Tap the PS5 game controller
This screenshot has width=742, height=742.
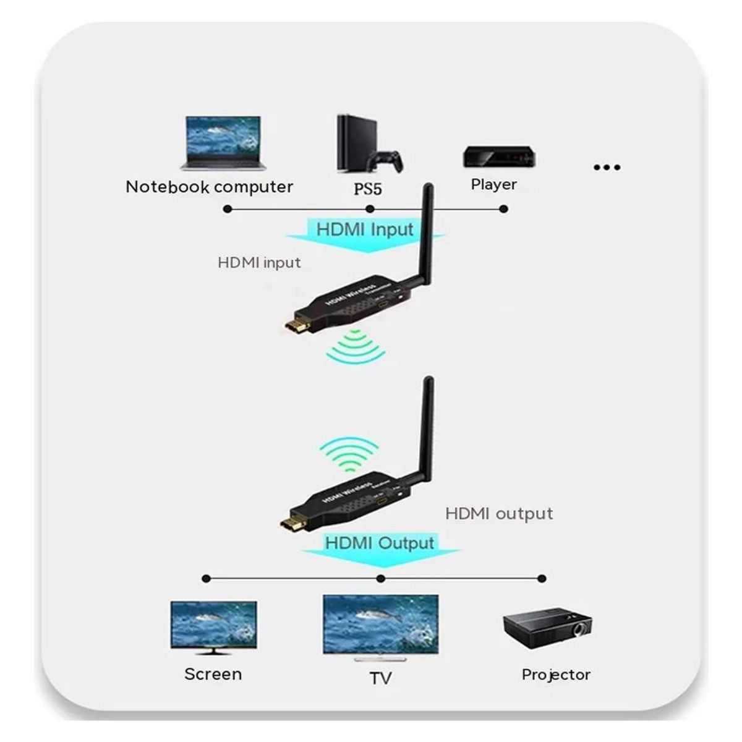coord(386,161)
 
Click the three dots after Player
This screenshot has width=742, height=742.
coord(606,167)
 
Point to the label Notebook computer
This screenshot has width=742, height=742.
coord(209,187)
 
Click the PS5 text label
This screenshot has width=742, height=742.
coord(368,188)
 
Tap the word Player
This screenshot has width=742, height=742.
coord(493,184)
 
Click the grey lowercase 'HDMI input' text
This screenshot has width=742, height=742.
coord(259,262)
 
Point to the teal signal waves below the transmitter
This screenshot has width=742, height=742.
coord(356,348)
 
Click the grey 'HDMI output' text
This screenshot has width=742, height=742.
coord(499,513)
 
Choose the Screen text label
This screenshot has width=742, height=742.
coord(213,673)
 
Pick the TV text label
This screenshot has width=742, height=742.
coord(381,678)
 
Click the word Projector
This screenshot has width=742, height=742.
coord(556,674)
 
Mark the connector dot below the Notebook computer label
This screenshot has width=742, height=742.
coord(228,209)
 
